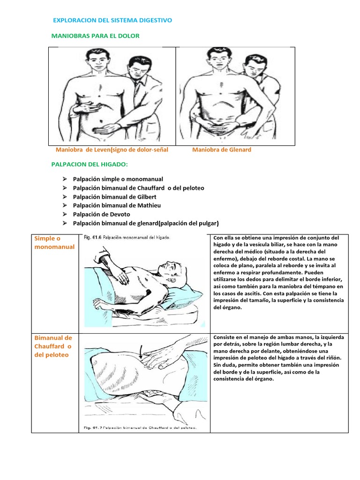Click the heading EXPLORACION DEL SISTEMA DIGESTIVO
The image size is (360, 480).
tap(112, 20)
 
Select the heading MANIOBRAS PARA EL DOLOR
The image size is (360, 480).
tap(95, 36)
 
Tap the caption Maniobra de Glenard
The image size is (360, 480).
tap(222, 150)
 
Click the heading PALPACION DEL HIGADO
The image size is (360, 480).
tap(89, 165)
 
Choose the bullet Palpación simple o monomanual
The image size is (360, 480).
tap(118, 179)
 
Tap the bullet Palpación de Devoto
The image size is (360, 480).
tap(102, 214)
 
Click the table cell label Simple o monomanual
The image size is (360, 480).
tap(54, 242)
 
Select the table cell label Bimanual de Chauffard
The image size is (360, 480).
tap(53, 346)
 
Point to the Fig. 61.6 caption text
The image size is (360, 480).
tap(127, 238)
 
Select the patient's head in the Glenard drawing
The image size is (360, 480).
tap(219, 59)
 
